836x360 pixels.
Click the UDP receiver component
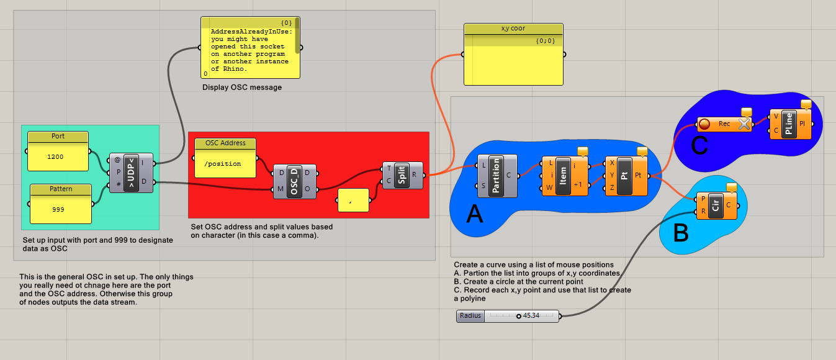pyautogui.click(x=132, y=173)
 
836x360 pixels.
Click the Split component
pyautogui.click(x=402, y=175)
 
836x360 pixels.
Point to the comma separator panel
pyautogui.click(x=352, y=200)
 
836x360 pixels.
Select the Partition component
pyautogui.click(x=495, y=176)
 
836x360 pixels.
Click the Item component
pyautogui.click(x=564, y=176)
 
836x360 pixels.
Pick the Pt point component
pyautogui.click(x=625, y=176)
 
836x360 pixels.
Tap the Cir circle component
pyautogui.click(x=716, y=204)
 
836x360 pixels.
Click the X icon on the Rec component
pyautogui.click(x=744, y=124)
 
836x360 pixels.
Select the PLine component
pyautogui.click(x=789, y=124)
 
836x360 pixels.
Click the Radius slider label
pyautogui.click(x=470, y=316)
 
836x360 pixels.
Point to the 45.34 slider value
pyautogui.click(x=530, y=316)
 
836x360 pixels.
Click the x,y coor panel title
pyautogui.click(x=513, y=29)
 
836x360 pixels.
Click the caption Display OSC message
pyautogui.click(x=242, y=88)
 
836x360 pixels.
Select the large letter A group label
pyautogui.click(x=475, y=215)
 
